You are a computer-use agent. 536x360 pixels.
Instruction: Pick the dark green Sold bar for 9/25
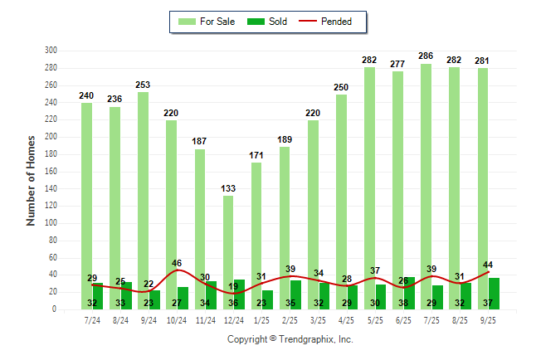495,294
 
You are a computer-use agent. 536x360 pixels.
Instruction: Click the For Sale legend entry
209,22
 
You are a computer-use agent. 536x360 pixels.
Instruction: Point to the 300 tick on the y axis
51,51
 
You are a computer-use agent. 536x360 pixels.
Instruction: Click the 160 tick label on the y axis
51,172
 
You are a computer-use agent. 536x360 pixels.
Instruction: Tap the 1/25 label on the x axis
262,319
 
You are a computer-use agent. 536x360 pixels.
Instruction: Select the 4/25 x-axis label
347,319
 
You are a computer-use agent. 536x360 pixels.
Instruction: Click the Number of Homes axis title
31,180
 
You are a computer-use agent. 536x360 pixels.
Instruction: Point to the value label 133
228,188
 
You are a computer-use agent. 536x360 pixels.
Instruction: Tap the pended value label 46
177,263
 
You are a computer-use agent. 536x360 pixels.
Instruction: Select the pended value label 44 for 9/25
488,265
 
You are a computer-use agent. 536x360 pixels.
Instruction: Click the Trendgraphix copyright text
290,339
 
